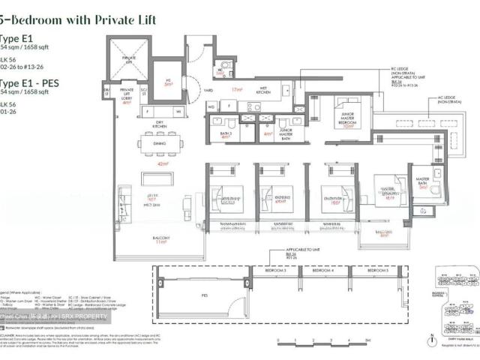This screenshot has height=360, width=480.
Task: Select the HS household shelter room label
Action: click(x=168, y=81)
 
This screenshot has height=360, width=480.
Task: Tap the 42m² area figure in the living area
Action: click(x=162, y=163)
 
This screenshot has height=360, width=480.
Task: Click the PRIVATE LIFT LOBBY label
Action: click(x=127, y=96)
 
